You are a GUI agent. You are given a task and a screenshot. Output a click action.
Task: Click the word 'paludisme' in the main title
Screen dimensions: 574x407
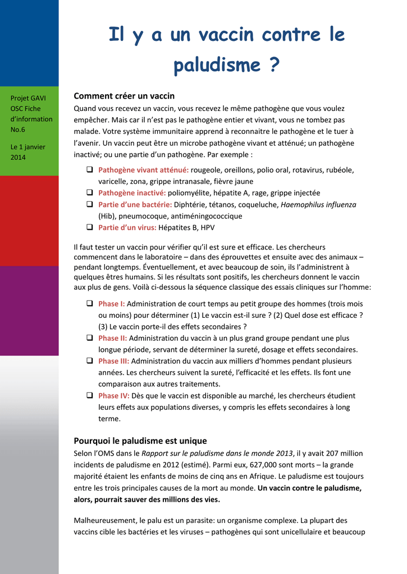[218, 66]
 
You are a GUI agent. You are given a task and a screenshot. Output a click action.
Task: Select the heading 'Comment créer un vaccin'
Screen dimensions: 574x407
[124, 96]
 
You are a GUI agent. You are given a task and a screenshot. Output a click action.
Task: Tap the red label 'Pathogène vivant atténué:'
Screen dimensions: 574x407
[143, 170]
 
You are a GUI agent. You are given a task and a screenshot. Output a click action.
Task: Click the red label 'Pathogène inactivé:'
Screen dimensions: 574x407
[132, 193]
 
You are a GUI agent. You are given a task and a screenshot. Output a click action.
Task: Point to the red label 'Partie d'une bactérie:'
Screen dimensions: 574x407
[135, 205]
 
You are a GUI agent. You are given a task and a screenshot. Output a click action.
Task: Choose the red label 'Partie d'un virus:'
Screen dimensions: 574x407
[127, 228]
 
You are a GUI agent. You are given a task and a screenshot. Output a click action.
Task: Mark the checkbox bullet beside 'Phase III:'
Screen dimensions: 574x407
[90, 361]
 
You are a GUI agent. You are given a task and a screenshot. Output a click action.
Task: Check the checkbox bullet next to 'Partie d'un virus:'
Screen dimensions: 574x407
[90, 228]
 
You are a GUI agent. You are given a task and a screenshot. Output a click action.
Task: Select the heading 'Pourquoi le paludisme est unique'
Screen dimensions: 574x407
[140, 441]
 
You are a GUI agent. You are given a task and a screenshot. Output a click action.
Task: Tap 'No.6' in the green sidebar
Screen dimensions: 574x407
[19, 129]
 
